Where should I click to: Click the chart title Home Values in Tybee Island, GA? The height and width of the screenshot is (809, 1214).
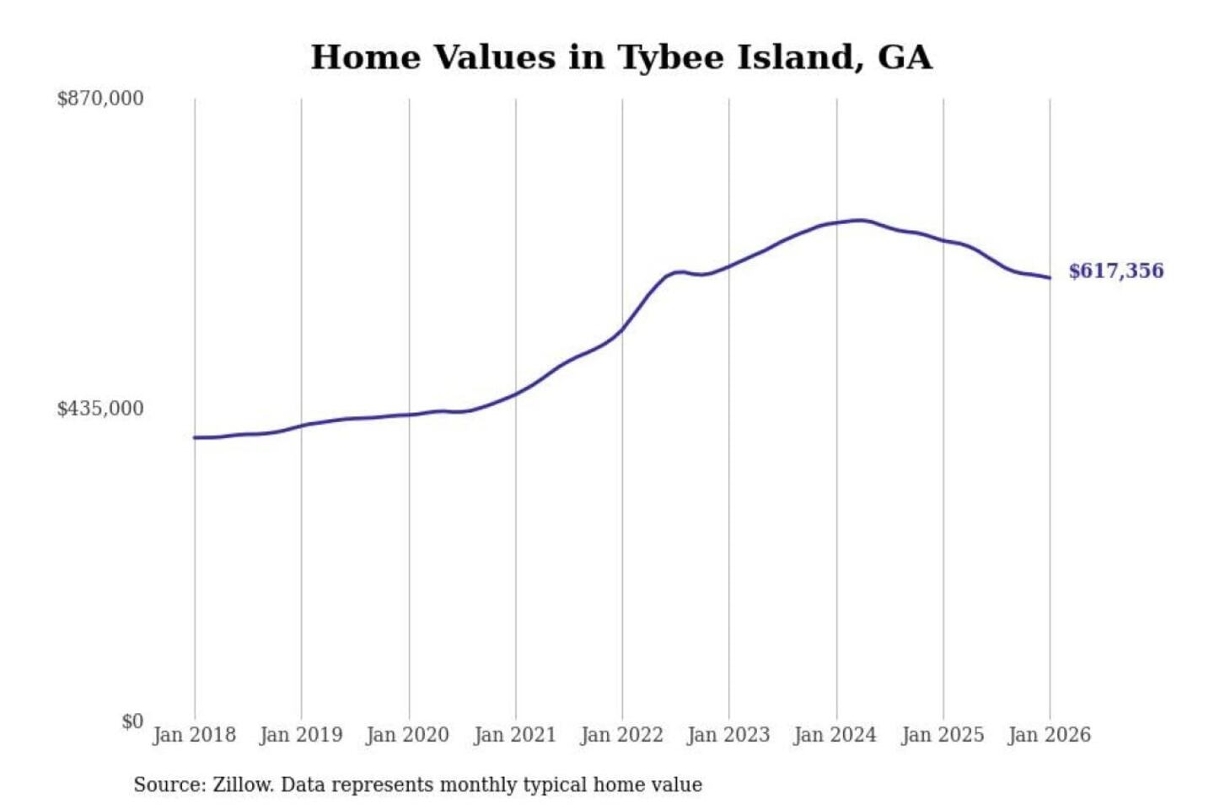621,57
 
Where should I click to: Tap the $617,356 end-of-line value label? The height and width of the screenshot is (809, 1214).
1115,271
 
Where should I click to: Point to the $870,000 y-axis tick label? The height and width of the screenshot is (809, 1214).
100,99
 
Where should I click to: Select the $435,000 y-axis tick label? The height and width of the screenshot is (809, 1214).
100,409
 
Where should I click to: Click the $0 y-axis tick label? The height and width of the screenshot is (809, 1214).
132,721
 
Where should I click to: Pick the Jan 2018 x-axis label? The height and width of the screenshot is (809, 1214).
194,735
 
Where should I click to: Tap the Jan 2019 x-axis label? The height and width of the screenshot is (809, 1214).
301,735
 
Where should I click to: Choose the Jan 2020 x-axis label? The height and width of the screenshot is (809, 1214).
408,735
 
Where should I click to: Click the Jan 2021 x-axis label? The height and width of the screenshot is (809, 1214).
515,735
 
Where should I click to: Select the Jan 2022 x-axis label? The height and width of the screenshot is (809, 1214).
622,735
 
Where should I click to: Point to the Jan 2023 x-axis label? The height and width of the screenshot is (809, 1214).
728,735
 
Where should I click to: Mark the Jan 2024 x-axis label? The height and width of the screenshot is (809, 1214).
835,735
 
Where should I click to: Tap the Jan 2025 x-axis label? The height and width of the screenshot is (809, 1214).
943,735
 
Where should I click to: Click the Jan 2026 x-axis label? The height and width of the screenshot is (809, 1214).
1050,735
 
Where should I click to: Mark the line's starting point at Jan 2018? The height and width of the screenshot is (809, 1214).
195,437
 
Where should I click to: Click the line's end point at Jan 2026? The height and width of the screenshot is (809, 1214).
1050,278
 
